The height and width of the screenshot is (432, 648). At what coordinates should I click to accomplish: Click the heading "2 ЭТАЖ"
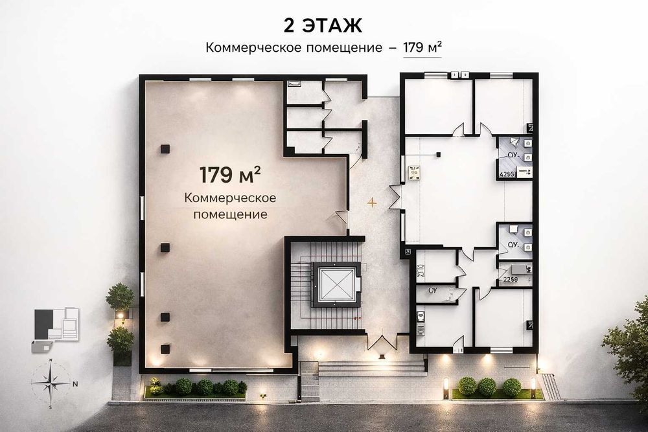click(x=322, y=25)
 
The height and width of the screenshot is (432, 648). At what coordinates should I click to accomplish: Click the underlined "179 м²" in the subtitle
click(x=422, y=47)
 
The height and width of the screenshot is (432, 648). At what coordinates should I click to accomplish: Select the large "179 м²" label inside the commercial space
click(x=230, y=175)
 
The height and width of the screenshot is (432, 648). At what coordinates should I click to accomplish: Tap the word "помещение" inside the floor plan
click(x=230, y=213)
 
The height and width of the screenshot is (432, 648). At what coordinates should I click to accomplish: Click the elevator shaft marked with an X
click(x=336, y=283)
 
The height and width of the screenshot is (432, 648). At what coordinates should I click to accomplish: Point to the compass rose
click(x=51, y=383)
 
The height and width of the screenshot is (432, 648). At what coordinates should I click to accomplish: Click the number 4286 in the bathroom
click(x=506, y=173)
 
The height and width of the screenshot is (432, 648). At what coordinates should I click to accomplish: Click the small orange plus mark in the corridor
click(x=372, y=202)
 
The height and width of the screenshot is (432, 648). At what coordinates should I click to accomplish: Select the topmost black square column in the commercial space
click(x=165, y=149)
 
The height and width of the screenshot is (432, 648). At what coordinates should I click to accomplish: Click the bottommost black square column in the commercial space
click(x=165, y=348)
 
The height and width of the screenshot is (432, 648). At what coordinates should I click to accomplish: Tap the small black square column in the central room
click(x=439, y=154)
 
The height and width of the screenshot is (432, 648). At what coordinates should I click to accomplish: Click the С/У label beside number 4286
click(x=512, y=155)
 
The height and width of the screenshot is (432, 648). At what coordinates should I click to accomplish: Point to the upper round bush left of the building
click(x=120, y=296)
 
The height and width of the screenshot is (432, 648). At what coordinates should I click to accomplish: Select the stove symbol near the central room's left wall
click(x=413, y=172)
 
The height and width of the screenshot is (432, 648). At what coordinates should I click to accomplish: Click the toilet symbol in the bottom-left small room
click(x=421, y=317)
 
